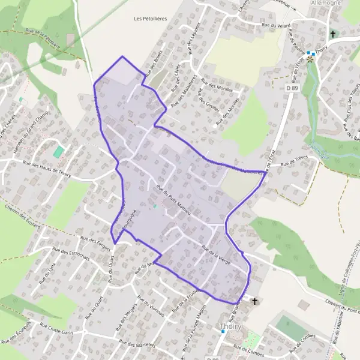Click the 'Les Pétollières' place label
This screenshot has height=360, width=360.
(x=151, y=19)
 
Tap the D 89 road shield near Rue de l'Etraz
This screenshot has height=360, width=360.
(x=292, y=88)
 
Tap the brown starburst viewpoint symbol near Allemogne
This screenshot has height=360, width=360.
(x=310, y=59)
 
